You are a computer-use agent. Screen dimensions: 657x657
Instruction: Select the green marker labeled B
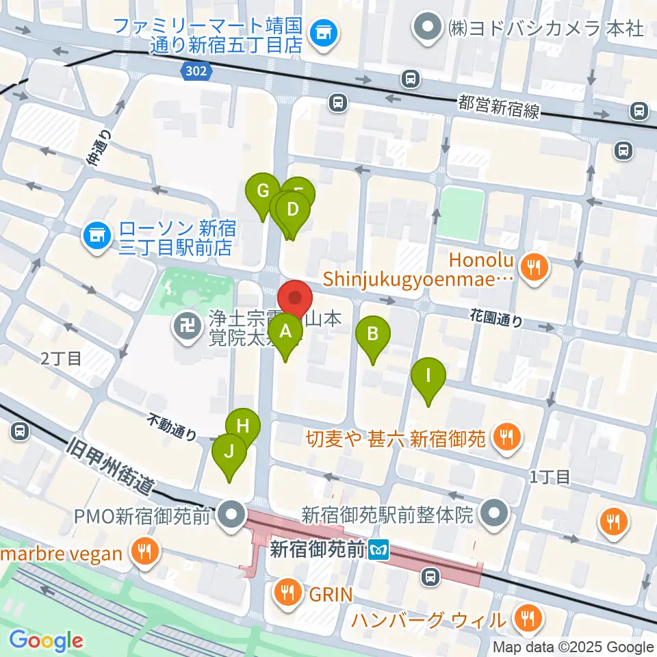pyautogui.click(x=373, y=335)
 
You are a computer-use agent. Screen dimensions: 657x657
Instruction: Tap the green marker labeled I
pyautogui.click(x=428, y=376)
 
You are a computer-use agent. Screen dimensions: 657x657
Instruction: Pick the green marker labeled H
pyautogui.click(x=242, y=426)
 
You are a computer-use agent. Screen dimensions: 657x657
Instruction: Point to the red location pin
pyautogui.click(x=295, y=298)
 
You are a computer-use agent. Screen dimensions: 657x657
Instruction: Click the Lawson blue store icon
pyautogui.click(x=96, y=237)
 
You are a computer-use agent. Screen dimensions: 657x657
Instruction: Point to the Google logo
pyautogui.click(x=46, y=641)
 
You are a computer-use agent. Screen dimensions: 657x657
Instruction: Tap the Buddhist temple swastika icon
pyautogui.click(x=185, y=324)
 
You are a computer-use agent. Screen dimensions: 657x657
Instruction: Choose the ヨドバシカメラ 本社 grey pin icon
pyautogui.click(x=430, y=28)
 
